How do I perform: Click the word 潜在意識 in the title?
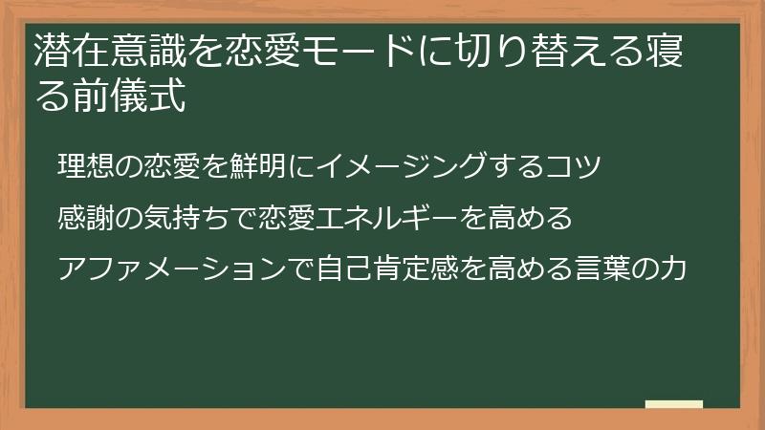click(x=110, y=51)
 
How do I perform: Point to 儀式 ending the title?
click(x=148, y=96)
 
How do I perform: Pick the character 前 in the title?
click(x=91, y=96)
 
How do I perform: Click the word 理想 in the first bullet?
click(x=86, y=165)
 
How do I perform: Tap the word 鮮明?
click(x=257, y=165)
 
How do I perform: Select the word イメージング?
click(x=401, y=165)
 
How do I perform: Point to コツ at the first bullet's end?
click(x=573, y=165)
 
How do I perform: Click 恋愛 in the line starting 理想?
click(x=172, y=165)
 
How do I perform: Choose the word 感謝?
click(x=86, y=218)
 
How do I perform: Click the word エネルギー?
click(x=387, y=218)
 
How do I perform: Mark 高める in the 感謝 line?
click(x=530, y=218)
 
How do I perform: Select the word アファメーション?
click(x=172, y=269)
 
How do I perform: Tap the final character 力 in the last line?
click(x=673, y=269)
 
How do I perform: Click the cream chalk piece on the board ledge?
click(x=674, y=404)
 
